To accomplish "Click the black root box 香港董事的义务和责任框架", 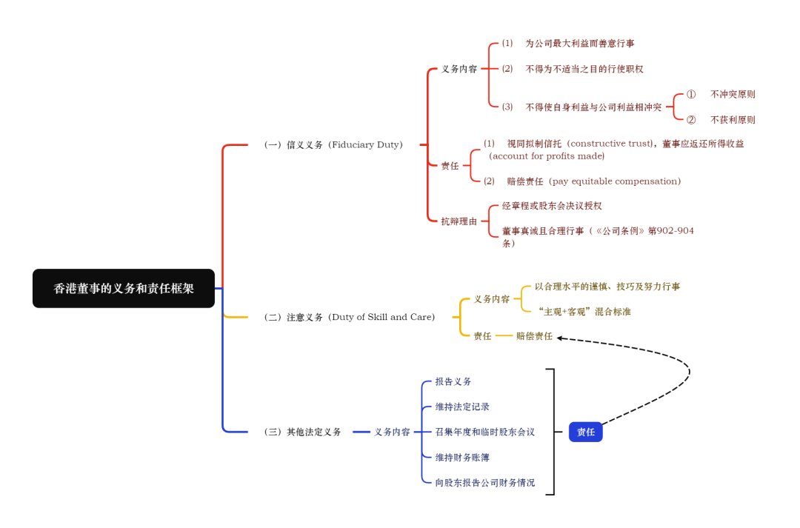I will [x=124, y=289].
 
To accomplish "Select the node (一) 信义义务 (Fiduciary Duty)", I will [x=333, y=145].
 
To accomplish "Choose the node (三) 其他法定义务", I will [x=303, y=432].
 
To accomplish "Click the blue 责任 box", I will [x=585, y=432].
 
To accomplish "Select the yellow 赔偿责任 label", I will [x=534, y=336].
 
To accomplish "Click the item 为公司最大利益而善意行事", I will [x=579, y=44].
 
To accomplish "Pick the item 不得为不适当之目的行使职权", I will [x=584, y=69].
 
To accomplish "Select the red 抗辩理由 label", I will [x=459, y=221].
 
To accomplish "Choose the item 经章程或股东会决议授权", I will [x=552, y=206].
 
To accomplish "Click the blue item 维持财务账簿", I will [x=462, y=458].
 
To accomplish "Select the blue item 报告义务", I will [x=453, y=382].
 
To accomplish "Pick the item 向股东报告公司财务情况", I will [x=484, y=483].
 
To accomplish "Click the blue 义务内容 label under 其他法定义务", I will [x=392, y=432].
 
